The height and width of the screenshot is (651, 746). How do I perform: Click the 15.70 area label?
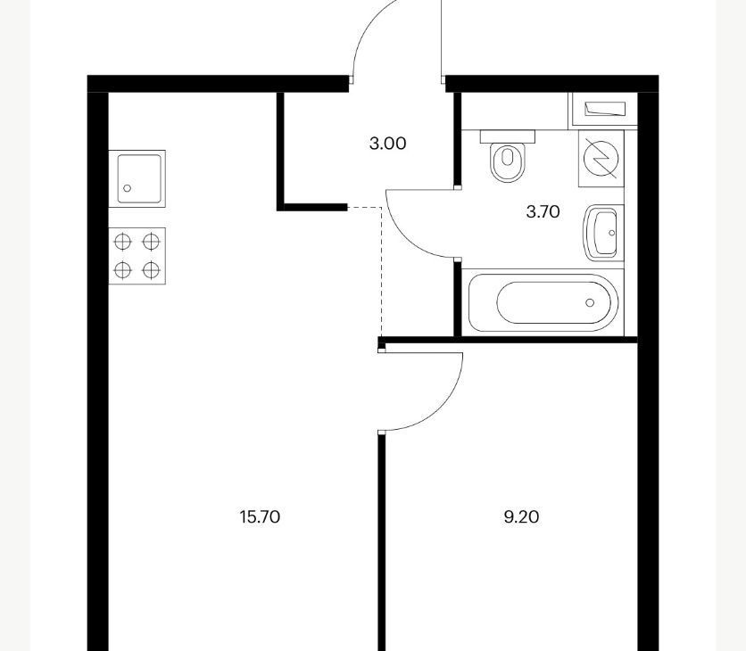(260, 516)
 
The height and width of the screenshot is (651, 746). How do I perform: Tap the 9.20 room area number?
(521, 516)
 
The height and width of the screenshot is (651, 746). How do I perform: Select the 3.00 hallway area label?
(388, 144)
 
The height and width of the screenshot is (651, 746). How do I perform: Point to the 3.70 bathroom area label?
(543, 211)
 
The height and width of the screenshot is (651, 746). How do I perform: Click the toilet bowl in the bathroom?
(508, 162)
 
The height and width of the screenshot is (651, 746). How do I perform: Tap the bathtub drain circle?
(590, 302)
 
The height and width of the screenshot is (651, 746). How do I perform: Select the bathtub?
(543, 303)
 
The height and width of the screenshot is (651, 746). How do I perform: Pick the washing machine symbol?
(601, 159)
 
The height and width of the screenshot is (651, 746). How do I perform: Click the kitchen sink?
(137, 178)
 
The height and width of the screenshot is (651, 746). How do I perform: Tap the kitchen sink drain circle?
(127, 188)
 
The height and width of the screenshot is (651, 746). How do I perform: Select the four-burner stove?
(137, 256)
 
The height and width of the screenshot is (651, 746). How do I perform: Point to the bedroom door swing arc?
(443, 408)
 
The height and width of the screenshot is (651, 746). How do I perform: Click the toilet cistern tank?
(508, 136)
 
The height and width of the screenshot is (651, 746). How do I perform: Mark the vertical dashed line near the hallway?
(382, 272)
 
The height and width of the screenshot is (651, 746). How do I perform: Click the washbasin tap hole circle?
(612, 233)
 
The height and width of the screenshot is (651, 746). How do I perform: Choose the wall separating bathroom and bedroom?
(508, 340)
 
